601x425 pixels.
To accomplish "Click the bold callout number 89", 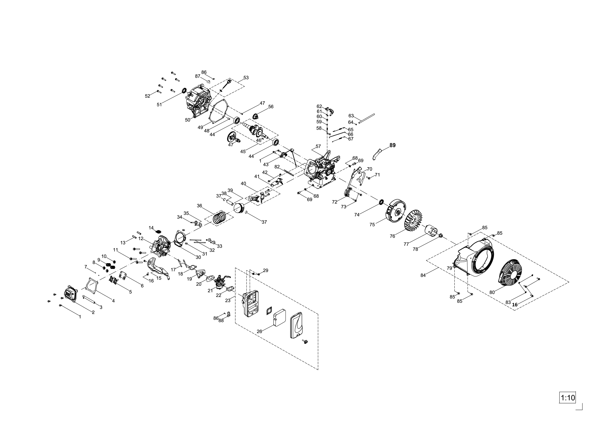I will [392, 145].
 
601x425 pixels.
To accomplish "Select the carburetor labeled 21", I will [220, 282].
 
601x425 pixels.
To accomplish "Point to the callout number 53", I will [246, 78].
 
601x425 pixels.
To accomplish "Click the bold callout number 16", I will [515, 305].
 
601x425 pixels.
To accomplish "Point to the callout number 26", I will [259, 331].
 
